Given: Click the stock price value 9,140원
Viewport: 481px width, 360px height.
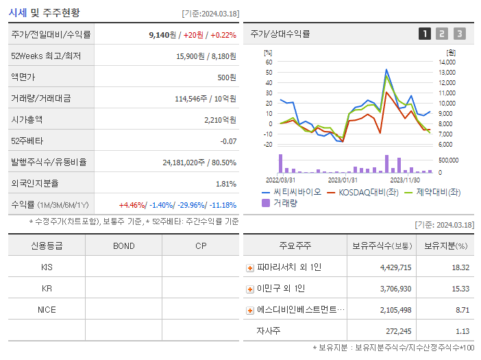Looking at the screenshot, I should pyautogui.click(x=165, y=34).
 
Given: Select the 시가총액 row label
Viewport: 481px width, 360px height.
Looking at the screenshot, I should pyautogui.click(x=27, y=119).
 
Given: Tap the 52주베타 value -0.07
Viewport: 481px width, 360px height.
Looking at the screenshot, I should pyautogui.click(x=227, y=141).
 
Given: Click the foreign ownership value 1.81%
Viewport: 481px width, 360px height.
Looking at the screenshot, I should pyautogui.click(x=225, y=183).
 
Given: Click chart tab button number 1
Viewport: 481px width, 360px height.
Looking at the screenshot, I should pyautogui.click(x=425, y=34).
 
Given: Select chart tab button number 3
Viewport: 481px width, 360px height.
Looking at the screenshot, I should pyautogui.click(x=459, y=34).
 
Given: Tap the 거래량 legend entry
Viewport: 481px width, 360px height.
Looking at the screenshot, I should pyautogui.click(x=282, y=203).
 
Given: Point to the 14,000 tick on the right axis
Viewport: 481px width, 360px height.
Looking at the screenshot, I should pyautogui.click(x=447, y=62).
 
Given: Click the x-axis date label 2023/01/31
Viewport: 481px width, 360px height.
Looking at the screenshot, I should pyautogui.click(x=342, y=180).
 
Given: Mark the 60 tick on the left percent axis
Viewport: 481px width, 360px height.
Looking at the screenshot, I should pyautogui.click(x=269, y=62).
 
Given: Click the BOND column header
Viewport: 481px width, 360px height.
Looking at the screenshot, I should pyautogui.click(x=123, y=245).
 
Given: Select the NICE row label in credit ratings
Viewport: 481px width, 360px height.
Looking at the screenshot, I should pyautogui.click(x=47, y=309).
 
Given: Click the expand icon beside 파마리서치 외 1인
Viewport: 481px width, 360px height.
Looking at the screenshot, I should pyautogui.click(x=250, y=267).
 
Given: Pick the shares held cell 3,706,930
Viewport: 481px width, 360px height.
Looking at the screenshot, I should pyautogui.click(x=386, y=289).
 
